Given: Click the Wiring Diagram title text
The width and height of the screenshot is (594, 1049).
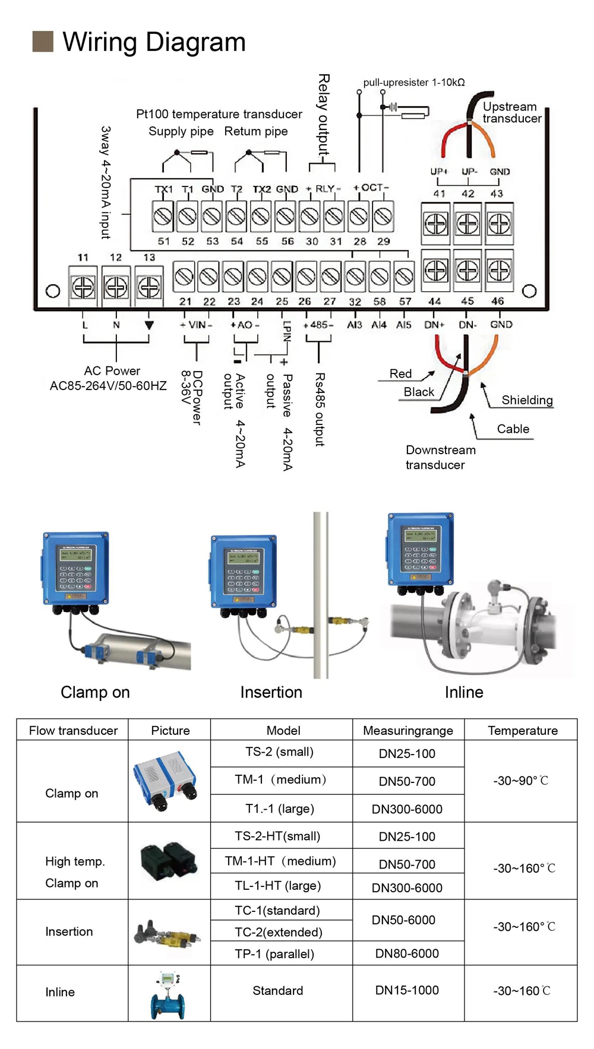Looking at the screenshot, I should click(153, 42).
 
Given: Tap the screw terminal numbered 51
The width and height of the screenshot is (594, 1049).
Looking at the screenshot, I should click(163, 217).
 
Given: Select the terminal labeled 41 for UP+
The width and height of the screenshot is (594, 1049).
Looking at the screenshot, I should click(436, 224).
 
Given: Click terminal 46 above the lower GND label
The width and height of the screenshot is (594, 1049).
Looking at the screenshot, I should click(499, 271).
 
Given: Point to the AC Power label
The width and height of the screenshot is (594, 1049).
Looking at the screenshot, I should click(112, 371).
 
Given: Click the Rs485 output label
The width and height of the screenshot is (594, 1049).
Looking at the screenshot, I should click(320, 409).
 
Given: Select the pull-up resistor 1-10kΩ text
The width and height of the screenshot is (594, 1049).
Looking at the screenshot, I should click(413, 83).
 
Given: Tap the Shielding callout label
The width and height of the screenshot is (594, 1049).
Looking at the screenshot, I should click(527, 400).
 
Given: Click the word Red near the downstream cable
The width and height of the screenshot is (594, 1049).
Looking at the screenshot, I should click(400, 374).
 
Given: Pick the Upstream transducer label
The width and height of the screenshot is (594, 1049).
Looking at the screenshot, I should click(511, 113).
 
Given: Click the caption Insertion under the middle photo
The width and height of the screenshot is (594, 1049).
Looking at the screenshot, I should click(271, 692).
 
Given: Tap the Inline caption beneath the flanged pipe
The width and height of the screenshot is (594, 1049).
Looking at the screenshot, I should click(464, 692).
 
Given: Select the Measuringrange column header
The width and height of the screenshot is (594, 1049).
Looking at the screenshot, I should click(408, 731).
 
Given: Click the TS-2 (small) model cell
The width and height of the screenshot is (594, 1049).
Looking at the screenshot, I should click(279, 752).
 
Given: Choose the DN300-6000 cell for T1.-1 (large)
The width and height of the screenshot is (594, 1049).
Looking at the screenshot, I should click(407, 809).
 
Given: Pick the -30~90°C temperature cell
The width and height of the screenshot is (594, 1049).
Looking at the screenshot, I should click(520, 781).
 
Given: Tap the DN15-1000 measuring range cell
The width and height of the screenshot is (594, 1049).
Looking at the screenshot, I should click(407, 990).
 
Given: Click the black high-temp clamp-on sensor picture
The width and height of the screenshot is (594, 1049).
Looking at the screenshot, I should click(169, 861).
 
